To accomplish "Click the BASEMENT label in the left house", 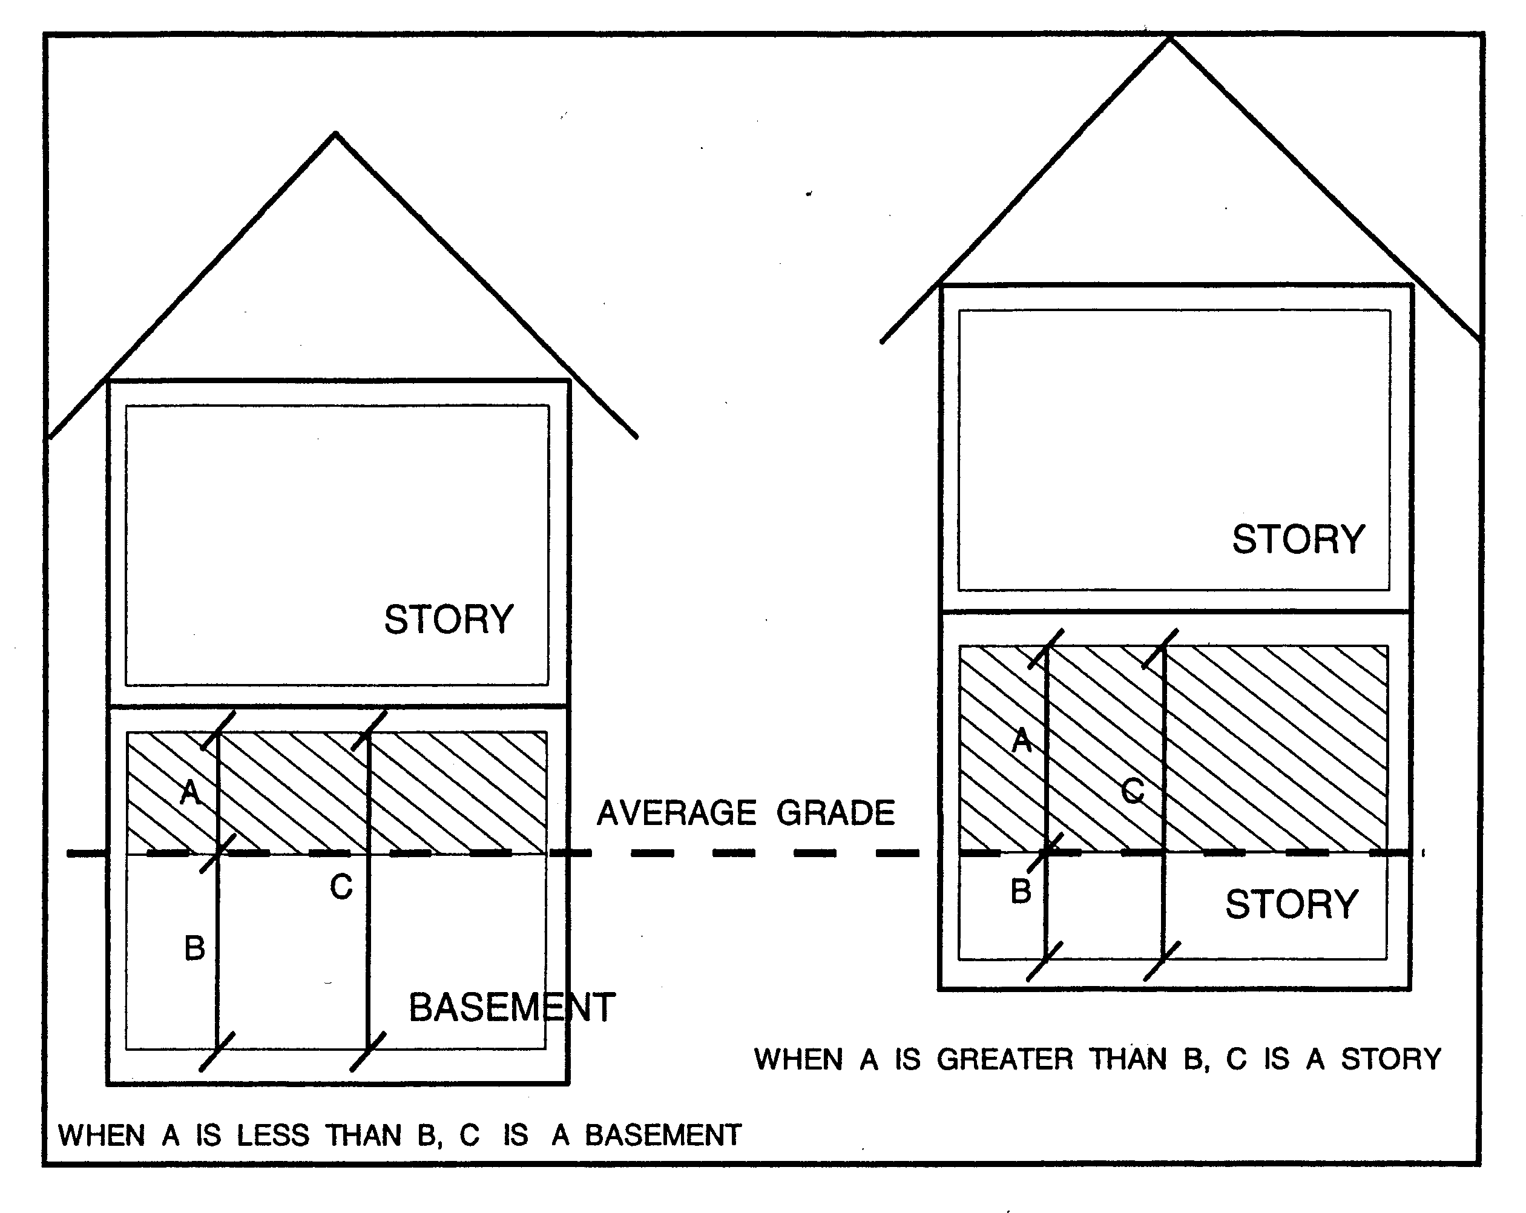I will click(511, 1008).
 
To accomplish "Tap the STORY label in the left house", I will click(449, 620).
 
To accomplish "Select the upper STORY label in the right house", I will click(1298, 540).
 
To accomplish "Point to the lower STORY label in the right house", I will click(1292, 904).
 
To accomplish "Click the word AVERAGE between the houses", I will click(677, 813).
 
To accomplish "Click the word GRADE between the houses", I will click(835, 813).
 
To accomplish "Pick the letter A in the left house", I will click(189, 792).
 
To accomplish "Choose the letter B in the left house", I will click(195, 948).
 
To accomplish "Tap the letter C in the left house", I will click(341, 887).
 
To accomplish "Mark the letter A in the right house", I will click(1022, 741).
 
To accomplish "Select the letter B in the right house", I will click(1021, 891).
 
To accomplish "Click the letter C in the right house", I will click(1133, 791).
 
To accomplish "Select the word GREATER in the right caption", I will click(1005, 1059).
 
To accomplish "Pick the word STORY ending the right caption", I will click(1391, 1059).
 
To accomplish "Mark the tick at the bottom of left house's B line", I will click(217, 1051).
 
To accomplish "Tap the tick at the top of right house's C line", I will click(1162, 648).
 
